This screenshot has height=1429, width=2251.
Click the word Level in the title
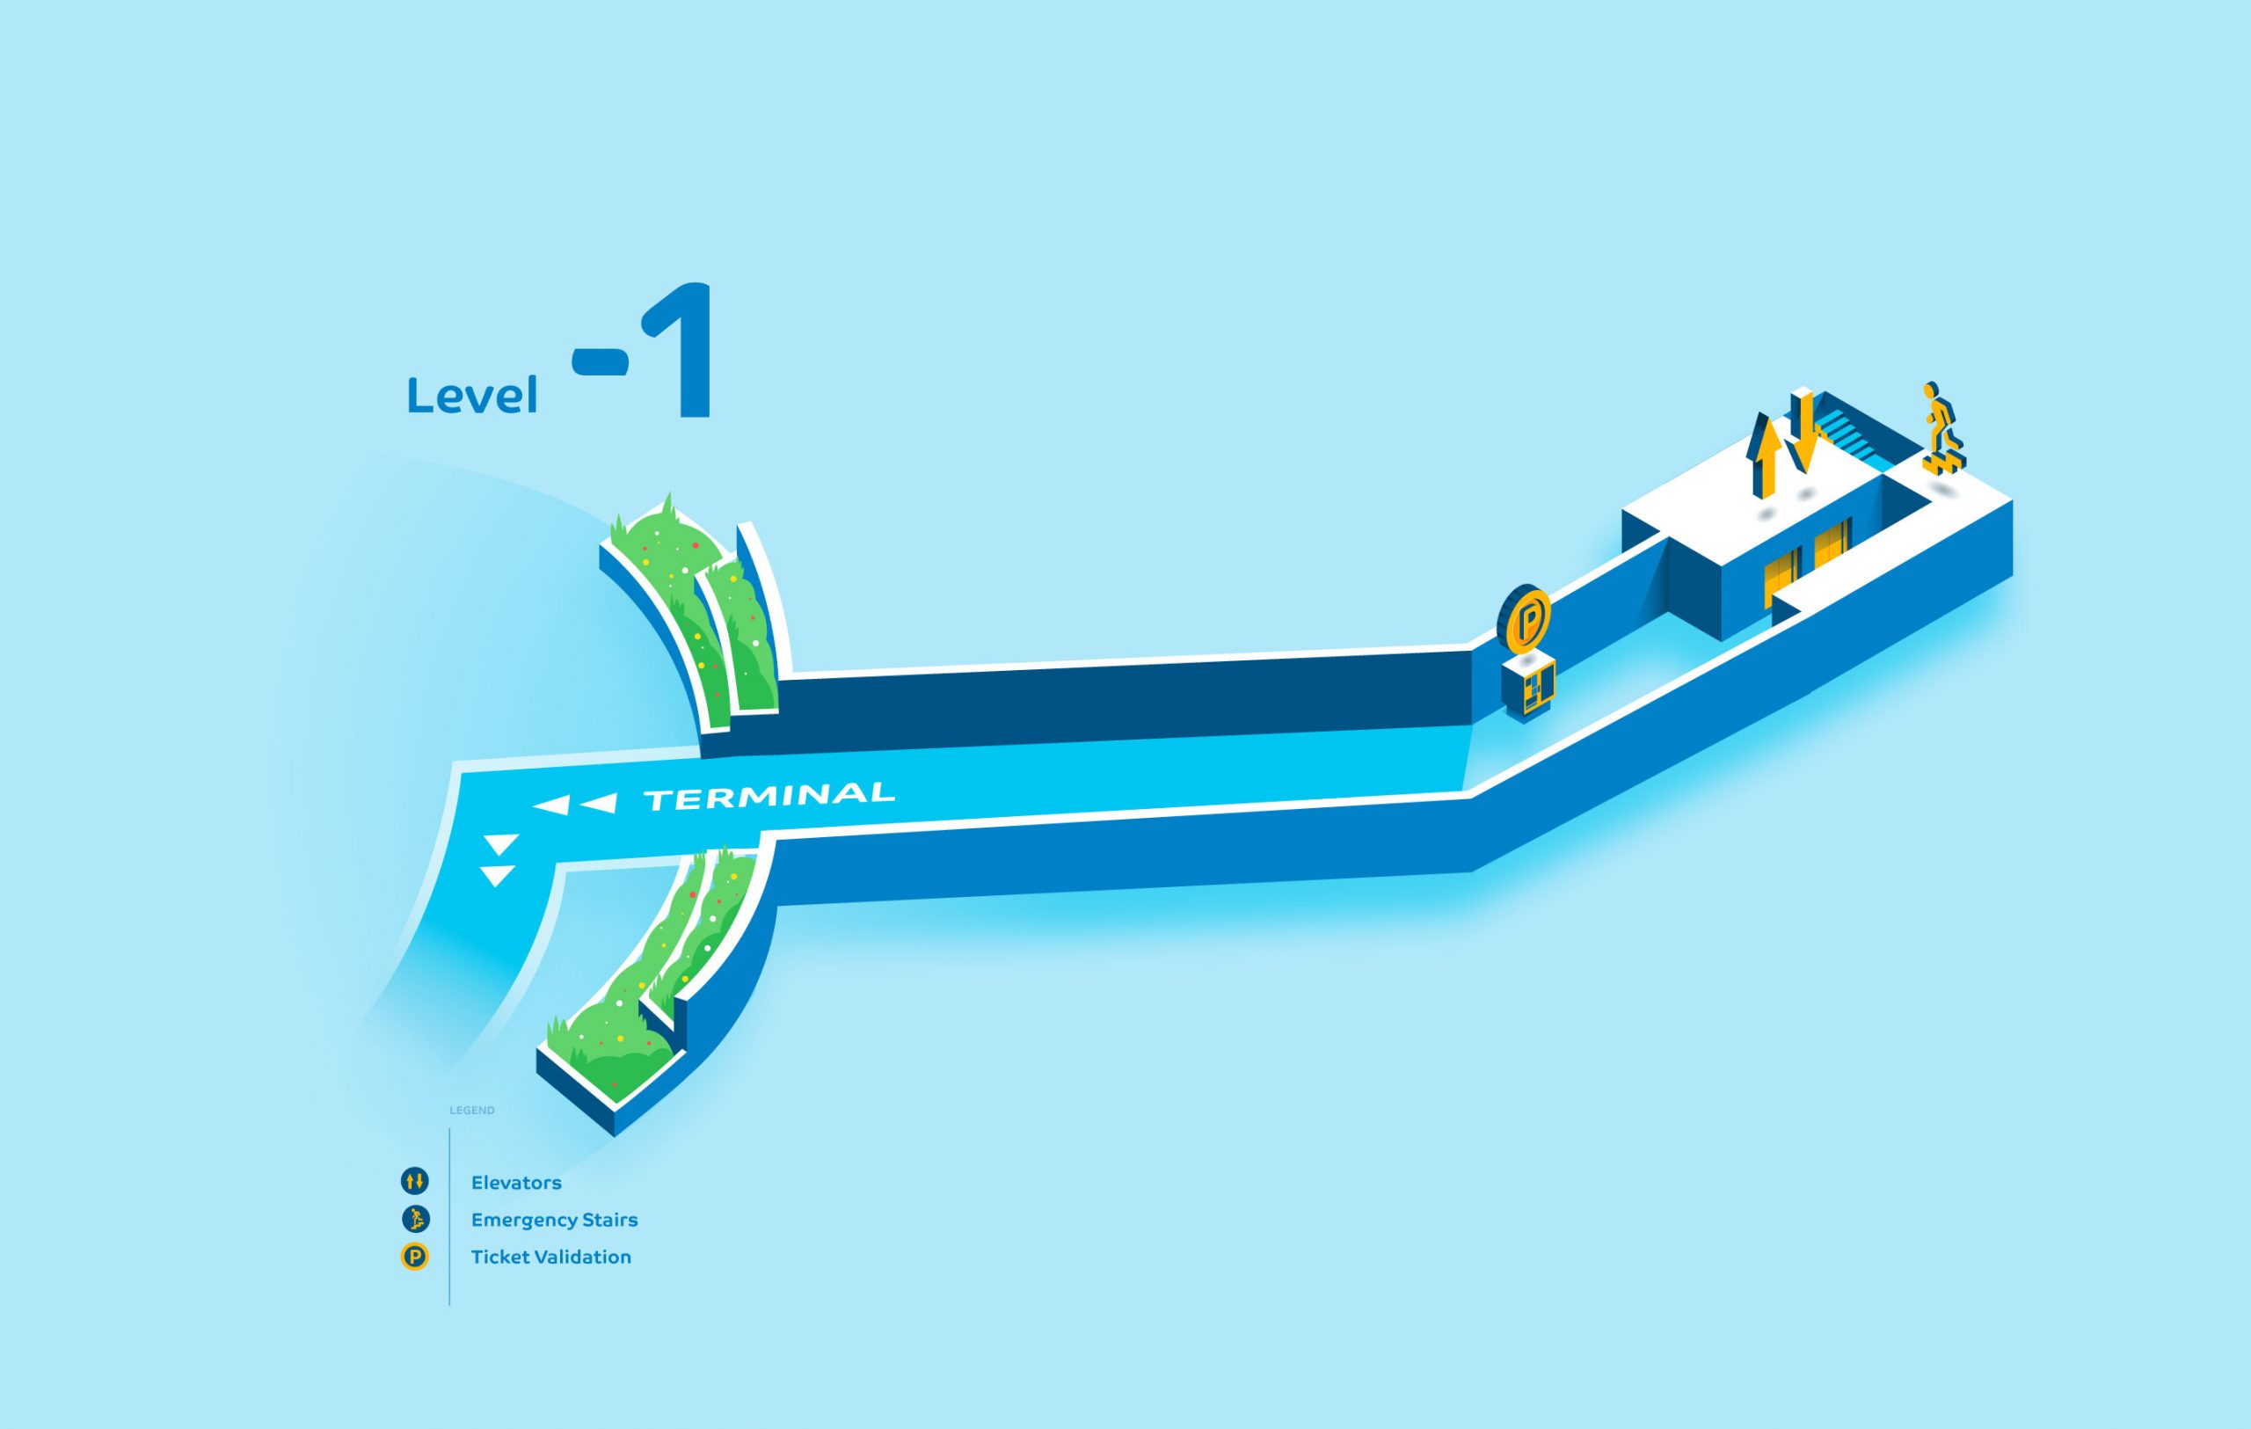pos(472,396)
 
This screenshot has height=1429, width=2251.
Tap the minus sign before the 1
pos(599,361)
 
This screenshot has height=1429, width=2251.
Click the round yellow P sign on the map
pos(1526,619)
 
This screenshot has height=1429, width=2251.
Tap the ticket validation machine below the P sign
pos(1527,686)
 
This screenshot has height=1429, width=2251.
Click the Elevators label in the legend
pos(516,1182)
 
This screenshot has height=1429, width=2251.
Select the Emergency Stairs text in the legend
pos(553,1220)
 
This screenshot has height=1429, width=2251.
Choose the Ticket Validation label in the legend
pos(550,1257)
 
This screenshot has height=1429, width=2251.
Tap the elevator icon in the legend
pos(415,1181)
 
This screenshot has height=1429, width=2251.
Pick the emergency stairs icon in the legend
pos(415,1219)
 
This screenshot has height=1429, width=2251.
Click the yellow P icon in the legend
pos(415,1257)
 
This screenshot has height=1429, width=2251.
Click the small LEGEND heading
pos(472,1111)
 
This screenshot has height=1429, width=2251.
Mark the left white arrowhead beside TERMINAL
pos(552,805)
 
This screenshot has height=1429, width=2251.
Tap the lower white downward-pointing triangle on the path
pos(498,876)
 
